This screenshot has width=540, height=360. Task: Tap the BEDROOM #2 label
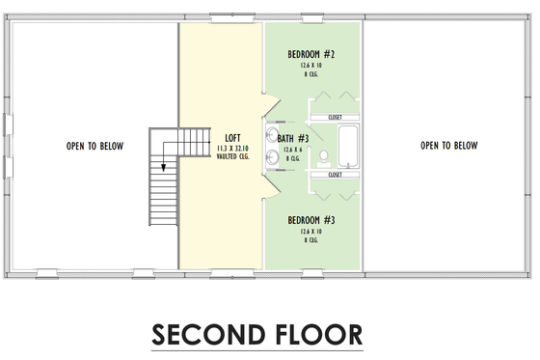310,54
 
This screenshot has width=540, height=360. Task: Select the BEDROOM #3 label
310,220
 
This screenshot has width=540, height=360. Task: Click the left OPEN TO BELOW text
94,147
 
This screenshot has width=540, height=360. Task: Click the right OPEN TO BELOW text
449,147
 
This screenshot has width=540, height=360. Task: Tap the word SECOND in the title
205,334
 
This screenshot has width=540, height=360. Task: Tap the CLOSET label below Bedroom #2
336,118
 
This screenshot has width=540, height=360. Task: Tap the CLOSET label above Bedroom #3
336,176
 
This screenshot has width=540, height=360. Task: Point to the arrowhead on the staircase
164,165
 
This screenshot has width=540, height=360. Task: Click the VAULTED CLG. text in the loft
231,155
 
